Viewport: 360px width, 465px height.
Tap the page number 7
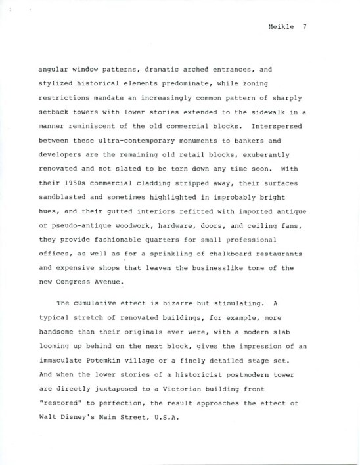[305, 27]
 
